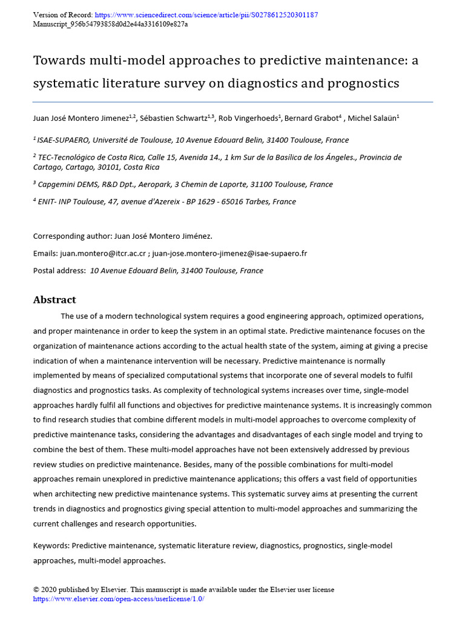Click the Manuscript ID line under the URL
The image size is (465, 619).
pyautogui.click(x=110, y=24)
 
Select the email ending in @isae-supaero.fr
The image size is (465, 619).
pyautogui.click(x=229, y=253)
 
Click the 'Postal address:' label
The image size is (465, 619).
pyautogui.click(x=59, y=271)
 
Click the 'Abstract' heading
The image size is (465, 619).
pyautogui.click(x=54, y=300)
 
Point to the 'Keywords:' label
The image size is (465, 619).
pyautogui.click(x=51, y=546)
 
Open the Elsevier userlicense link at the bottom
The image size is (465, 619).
pyautogui.click(x=119, y=598)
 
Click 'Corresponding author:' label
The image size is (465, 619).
pyautogui.click(x=72, y=236)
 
